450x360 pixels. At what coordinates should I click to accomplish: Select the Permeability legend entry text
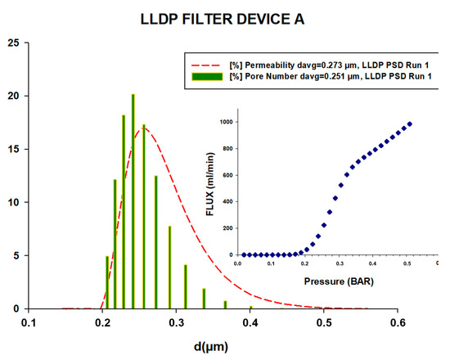click(x=324, y=64)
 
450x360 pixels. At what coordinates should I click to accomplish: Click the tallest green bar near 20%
click(x=133, y=205)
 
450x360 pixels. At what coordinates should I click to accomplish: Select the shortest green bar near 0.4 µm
click(x=251, y=307)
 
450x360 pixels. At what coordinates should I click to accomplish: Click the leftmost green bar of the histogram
click(x=107, y=282)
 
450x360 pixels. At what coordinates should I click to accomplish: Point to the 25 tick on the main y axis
click(x=13, y=43)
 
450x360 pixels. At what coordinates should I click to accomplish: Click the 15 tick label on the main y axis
click(x=13, y=149)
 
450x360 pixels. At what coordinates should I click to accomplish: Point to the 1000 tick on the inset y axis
click(x=226, y=121)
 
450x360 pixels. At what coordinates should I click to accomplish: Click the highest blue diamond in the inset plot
click(x=410, y=124)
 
